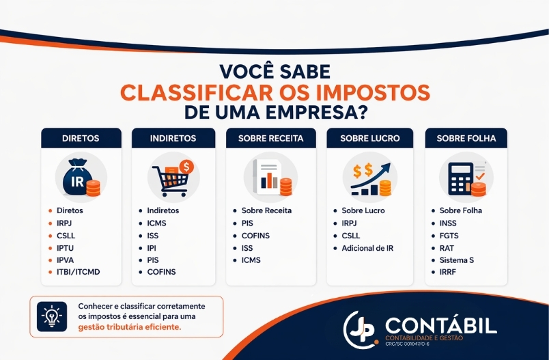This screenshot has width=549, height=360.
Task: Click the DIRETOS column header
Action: click(x=81, y=138)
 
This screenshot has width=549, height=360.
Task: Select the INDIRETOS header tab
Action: click(x=173, y=138)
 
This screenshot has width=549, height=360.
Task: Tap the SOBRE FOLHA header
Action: click(x=466, y=138)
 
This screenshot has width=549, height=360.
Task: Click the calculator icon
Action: click(x=465, y=177)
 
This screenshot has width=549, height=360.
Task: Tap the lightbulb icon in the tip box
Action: click(x=52, y=316)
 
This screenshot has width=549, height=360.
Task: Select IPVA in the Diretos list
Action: click(x=67, y=260)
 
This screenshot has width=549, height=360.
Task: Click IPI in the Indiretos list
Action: click(x=152, y=248)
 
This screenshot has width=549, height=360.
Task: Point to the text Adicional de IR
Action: click(x=367, y=248)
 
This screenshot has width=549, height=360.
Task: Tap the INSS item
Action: click(x=448, y=223)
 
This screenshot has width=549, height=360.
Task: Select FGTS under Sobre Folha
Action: click(x=449, y=236)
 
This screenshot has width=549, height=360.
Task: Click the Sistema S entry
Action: click(x=456, y=260)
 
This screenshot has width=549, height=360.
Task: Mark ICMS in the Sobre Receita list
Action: click(x=251, y=260)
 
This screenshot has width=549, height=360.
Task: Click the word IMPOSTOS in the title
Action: click(x=354, y=92)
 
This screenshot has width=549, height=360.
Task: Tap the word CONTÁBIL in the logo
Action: click(x=440, y=325)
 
